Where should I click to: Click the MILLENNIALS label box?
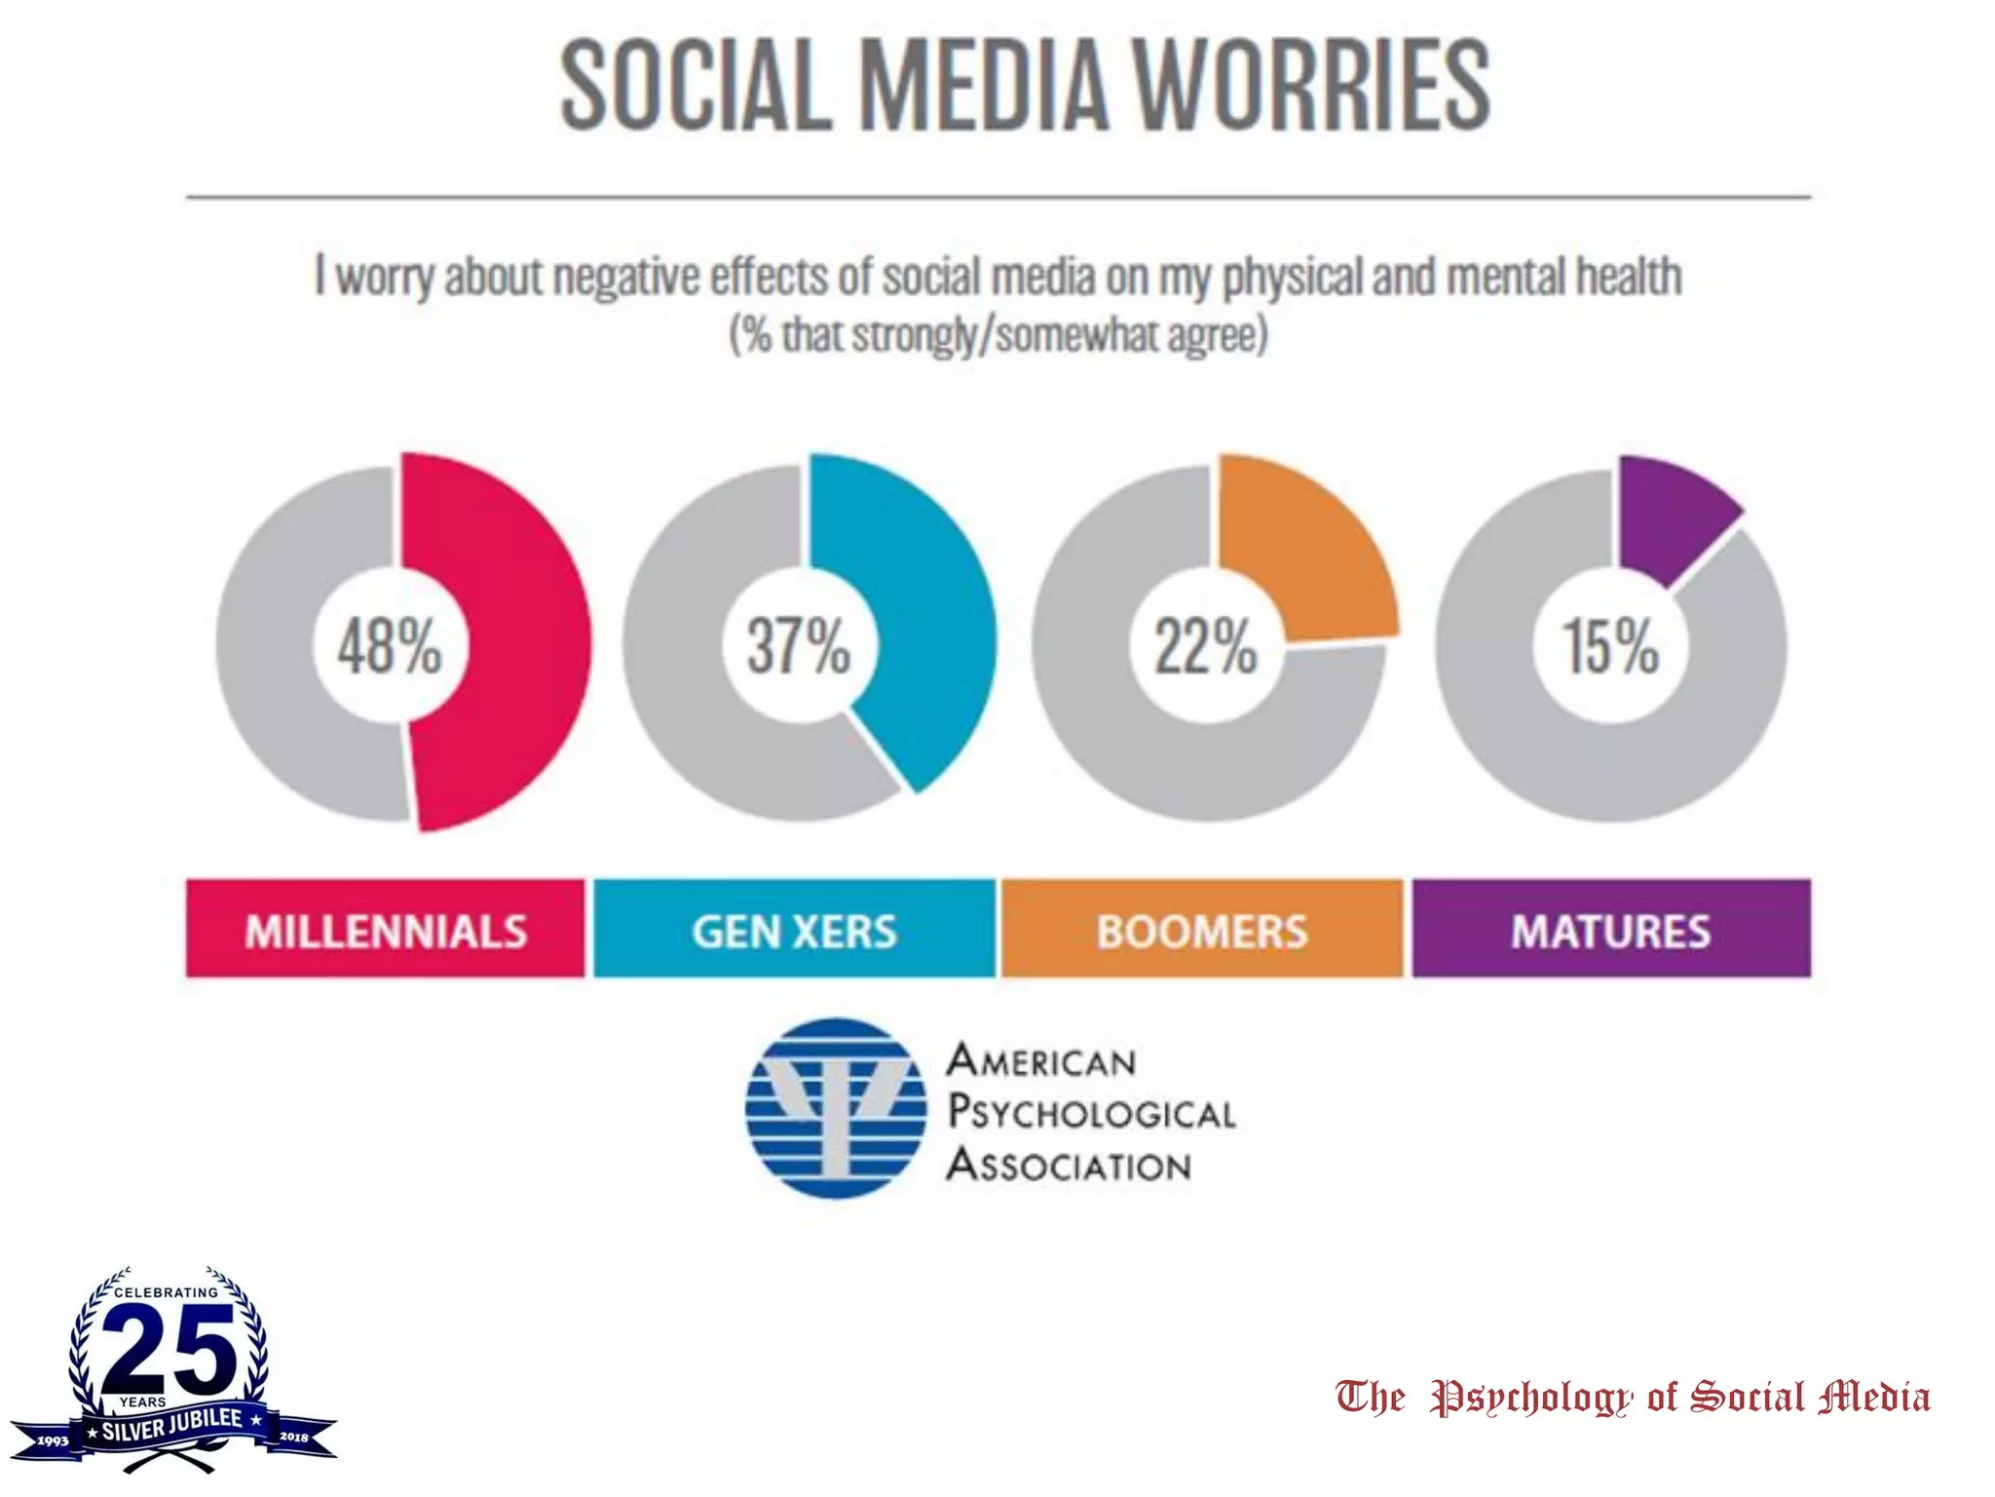pos(386,929)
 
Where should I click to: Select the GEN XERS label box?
pos(794,929)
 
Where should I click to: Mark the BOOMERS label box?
pos(1202,929)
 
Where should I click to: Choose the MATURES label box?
pos(1610,929)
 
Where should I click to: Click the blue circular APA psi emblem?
pos(836,1108)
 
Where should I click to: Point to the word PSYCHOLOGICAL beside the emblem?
pos(1091,1112)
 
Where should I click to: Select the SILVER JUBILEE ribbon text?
pos(172,1425)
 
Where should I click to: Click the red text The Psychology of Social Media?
pos(1632,1397)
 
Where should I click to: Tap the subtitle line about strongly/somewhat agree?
pos(998,334)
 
